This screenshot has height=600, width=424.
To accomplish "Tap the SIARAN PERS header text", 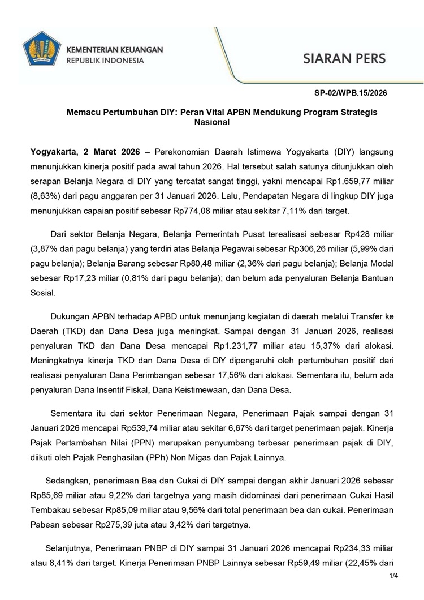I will pyautogui.click(x=344, y=58).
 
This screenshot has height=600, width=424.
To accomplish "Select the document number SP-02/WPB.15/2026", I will pyautogui.click(x=351, y=93).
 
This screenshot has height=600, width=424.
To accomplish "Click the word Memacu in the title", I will pyautogui.click(x=83, y=112).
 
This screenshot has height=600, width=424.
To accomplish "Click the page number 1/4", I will pyautogui.click(x=393, y=576).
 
